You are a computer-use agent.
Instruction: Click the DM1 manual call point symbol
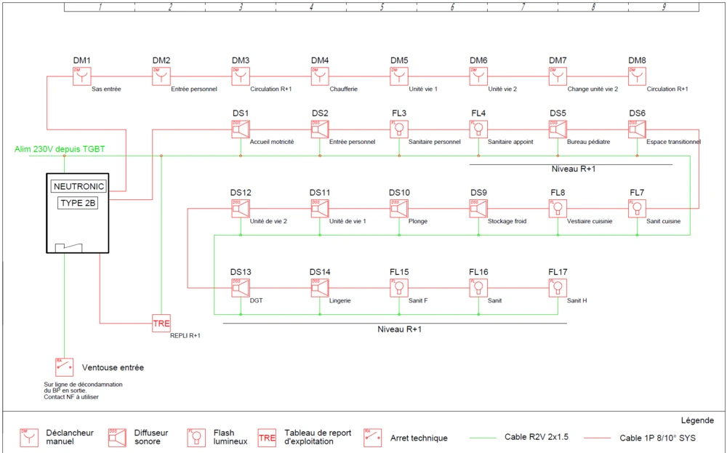tap(81, 76)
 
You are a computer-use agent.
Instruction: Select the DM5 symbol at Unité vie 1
tap(398, 76)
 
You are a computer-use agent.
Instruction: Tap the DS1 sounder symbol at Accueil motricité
tap(240, 129)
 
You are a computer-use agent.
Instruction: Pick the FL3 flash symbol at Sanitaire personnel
tap(398, 129)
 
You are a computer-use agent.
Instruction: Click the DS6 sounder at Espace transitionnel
tap(637, 129)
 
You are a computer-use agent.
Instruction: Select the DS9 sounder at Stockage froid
tap(478, 209)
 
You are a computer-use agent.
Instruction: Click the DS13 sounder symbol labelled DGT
tap(240, 289)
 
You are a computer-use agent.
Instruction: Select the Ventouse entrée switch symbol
tap(64, 366)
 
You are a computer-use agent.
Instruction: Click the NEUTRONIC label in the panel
tap(79, 186)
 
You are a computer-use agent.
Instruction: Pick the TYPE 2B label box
tap(77, 203)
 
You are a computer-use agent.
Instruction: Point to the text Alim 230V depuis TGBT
tap(60, 149)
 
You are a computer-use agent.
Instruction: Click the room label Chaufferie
tap(343, 89)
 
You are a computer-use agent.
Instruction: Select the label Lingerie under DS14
tap(340, 300)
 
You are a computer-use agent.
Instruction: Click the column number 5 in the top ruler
tap(381, 7)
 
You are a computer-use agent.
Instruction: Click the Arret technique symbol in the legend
tap(372, 435)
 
